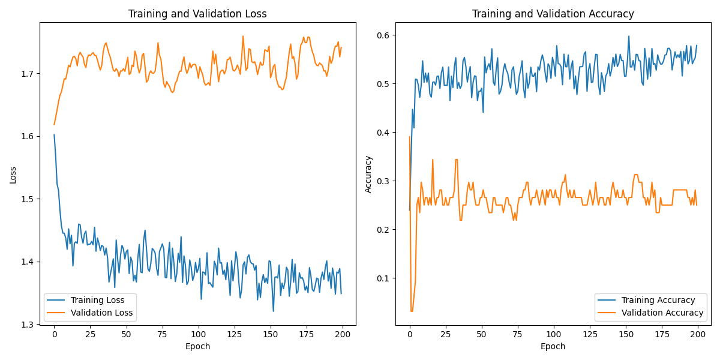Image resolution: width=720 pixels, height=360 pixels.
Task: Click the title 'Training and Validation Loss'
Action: coord(197,14)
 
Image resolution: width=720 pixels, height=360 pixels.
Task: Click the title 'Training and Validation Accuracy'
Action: coord(553,14)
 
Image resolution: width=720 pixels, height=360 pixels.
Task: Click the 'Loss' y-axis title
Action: coord(13,175)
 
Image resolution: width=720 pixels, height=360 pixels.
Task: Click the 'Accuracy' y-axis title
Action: coord(368,174)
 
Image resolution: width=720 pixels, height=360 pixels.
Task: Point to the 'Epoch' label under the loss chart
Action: coord(197,346)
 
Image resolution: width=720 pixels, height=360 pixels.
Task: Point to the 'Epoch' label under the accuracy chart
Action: coord(553,346)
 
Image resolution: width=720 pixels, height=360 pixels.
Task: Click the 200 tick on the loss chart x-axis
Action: coord(342,334)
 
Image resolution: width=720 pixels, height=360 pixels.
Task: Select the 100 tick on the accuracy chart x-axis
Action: coord(553,334)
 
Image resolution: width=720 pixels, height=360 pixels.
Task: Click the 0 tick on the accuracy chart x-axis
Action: coord(410,334)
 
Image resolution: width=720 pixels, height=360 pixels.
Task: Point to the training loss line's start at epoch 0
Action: coord(54,135)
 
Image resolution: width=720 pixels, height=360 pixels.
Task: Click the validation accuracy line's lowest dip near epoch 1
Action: coord(412,311)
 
